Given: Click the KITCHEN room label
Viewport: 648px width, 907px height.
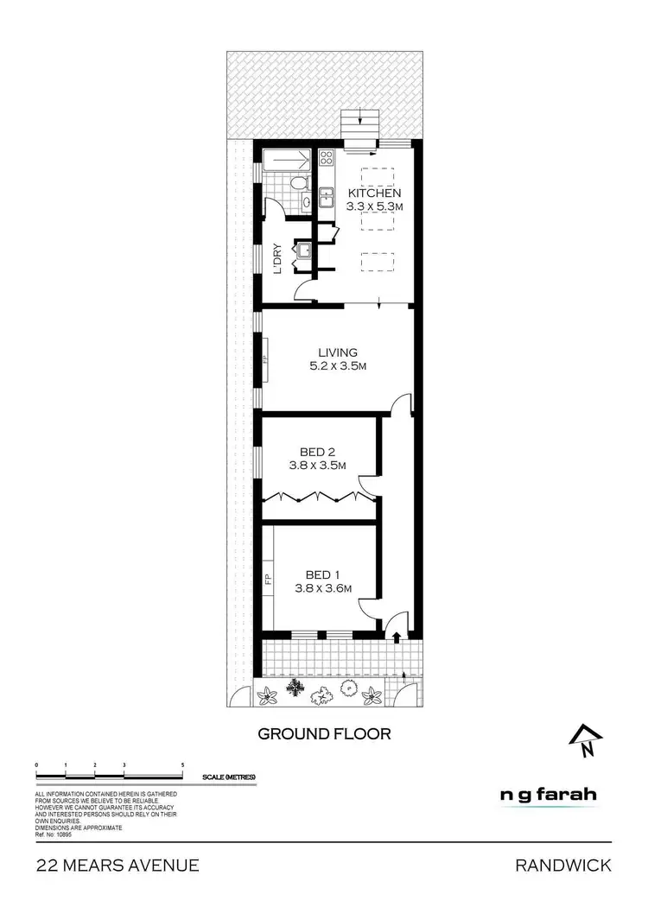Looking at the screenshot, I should click(374, 193).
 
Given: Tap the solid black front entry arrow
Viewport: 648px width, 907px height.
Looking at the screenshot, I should click(397, 637).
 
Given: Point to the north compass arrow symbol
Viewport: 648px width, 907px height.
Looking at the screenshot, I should click(586, 739).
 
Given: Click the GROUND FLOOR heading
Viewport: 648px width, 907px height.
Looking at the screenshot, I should click(325, 734).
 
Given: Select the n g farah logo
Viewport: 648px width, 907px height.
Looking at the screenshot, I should click(549, 795).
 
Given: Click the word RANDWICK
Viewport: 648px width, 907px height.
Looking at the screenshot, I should click(563, 865).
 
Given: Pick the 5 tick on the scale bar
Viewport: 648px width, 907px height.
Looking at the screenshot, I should click(183, 766).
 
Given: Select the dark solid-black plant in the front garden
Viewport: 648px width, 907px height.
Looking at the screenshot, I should click(295, 688).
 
